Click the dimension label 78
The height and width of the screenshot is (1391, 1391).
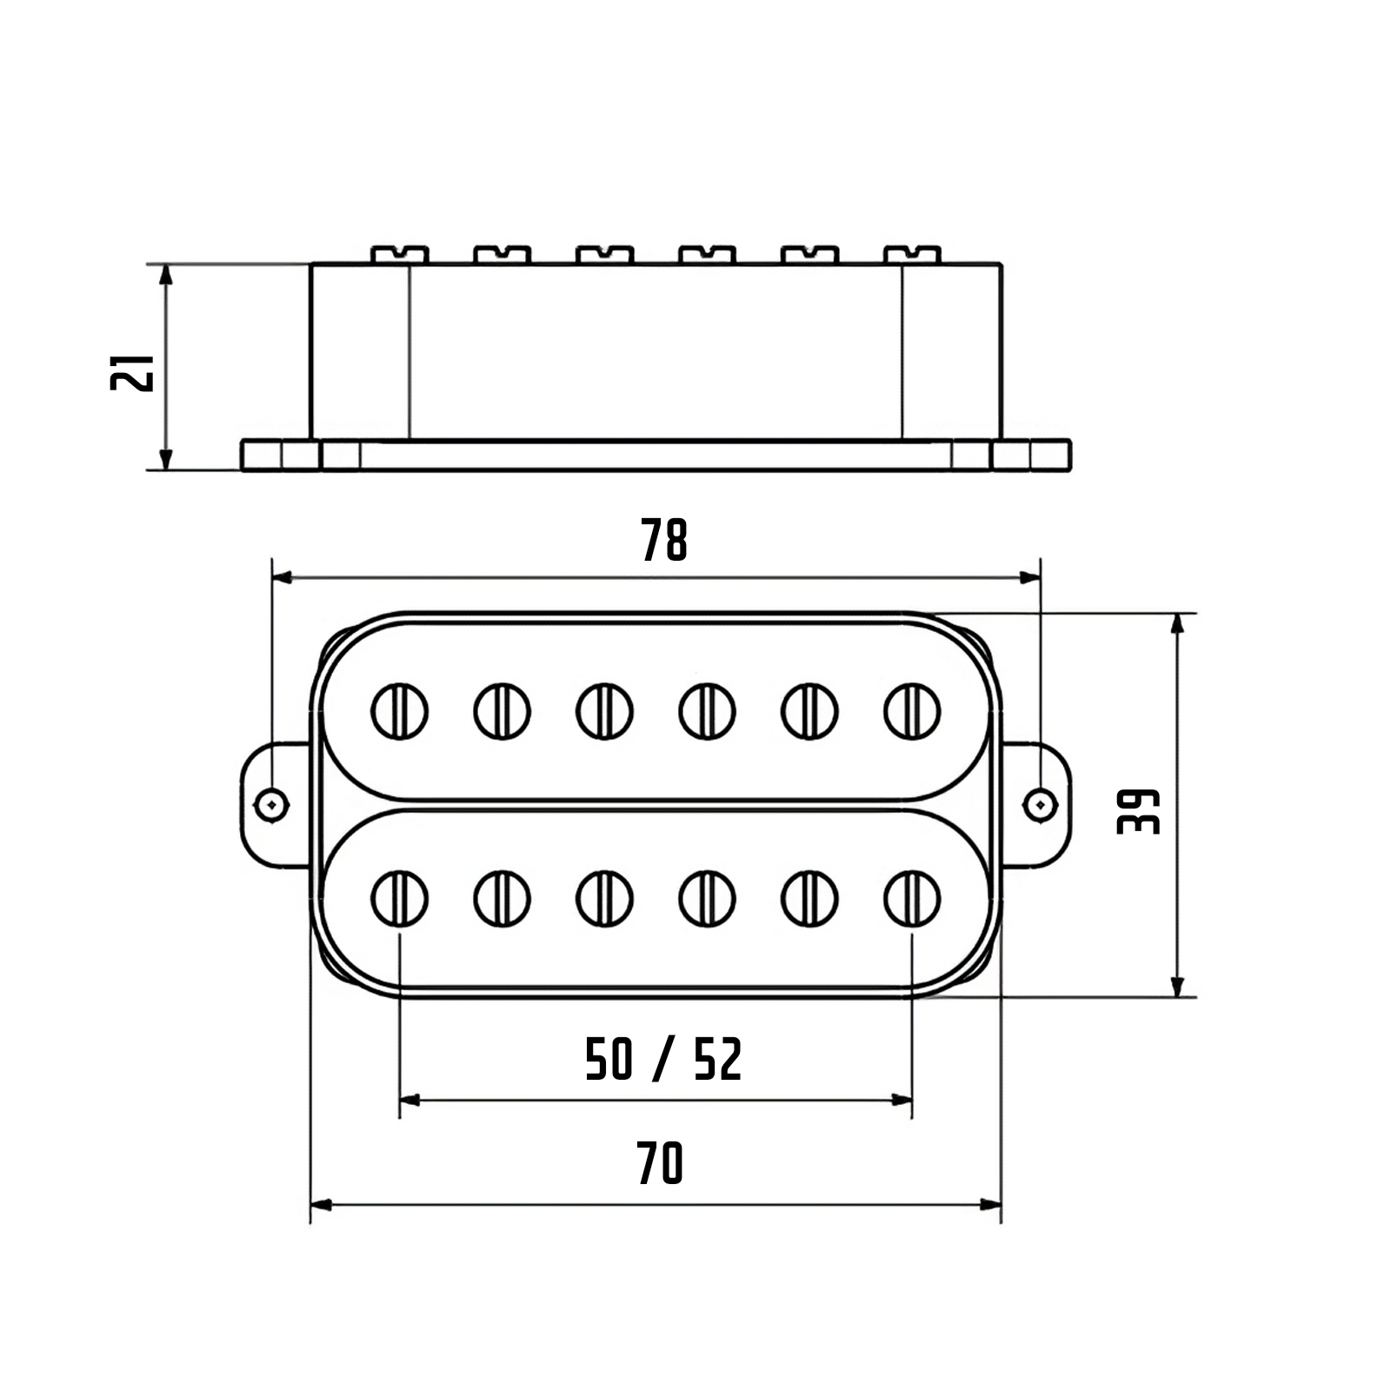click(664, 540)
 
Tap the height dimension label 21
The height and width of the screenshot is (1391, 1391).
click(132, 372)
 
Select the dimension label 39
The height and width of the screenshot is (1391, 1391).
click(1139, 812)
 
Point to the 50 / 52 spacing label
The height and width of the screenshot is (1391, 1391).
click(663, 1060)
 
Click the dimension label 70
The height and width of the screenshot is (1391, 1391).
click(661, 1164)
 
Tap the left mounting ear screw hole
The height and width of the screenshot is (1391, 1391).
click(272, 804)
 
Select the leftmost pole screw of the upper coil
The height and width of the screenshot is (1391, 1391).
click(400, 711)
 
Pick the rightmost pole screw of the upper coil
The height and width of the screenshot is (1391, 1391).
click(912, 711)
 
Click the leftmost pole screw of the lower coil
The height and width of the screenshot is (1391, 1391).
click(400, 898)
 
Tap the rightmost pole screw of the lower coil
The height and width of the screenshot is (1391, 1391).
click(912, 898)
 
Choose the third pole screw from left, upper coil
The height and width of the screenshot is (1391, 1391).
click(604, 711)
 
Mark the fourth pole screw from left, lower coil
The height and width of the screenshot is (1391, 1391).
click(707, 898)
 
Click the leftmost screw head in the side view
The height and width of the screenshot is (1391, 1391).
click(400, 255)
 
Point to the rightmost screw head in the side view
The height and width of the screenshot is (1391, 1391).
click(912, 255)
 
